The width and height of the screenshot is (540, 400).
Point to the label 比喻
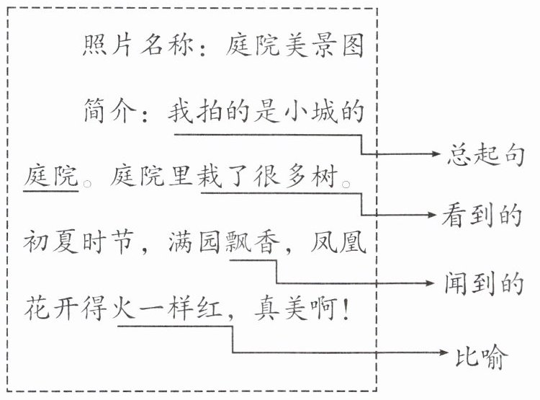[x=483, y=354]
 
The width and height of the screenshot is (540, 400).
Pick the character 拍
[x=213, y=112]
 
